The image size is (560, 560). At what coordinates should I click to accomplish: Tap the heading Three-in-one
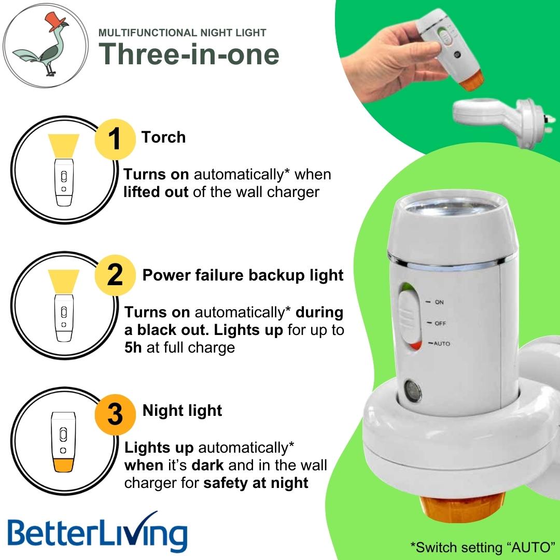pyautogui.click(x=189, y=53)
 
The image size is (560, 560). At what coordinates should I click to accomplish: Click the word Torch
pyautogui.click(x=163, y=137)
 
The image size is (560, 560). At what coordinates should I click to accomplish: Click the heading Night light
pyautogui.click(x=182, y=411)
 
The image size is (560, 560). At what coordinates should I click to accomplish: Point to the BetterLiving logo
pyautogui.click(x=97, y=533)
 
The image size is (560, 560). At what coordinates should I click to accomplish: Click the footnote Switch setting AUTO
pyautogui.click(x=482, y=547)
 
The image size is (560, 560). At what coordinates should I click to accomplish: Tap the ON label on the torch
pyautogui.click(x=439, y=302)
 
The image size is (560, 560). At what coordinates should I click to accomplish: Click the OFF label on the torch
pyautogui.click(x=440, y=323)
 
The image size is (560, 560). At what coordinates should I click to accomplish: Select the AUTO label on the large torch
pyautogui.click(x=441, y=344)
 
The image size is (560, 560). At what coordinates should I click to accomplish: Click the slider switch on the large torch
pyautogui.click(x=409, y=318)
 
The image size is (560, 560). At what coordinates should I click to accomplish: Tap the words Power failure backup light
pyautogui.click(x=243, y=275)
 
